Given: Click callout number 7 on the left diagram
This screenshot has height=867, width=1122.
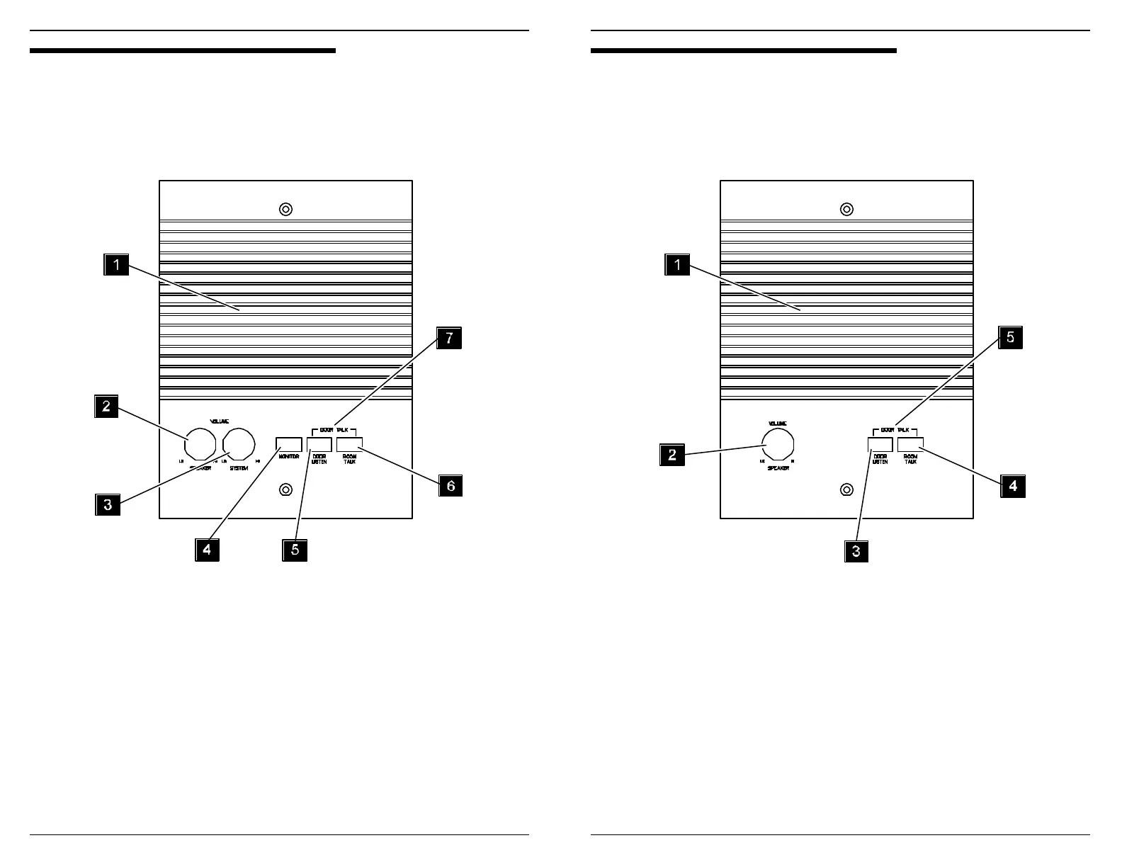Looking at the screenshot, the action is pyautogui.click(x=449, y=339).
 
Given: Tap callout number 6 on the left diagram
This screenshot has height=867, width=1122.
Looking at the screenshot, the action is pyautogui.click(x=450, y=486).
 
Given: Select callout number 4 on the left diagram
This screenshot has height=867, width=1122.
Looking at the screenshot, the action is pyautogui.click(x=208, y=550).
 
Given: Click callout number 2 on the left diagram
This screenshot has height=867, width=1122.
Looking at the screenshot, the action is pyautogui.click(x=106, y=407).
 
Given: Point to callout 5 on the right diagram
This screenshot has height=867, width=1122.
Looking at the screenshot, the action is pyautogui.click(x=1011, y=338).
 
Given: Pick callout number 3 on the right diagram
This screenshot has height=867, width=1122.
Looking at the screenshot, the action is pyautogui.click(x=856, y=551).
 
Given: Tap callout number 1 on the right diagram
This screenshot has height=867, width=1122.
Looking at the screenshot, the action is pyautogui.click(x=677, y=266).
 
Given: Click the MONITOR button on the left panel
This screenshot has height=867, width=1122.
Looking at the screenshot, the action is pyautogui.click(x=289, y=444).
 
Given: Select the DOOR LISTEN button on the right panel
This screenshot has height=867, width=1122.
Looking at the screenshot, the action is pyautogui.click(x=880, y=444).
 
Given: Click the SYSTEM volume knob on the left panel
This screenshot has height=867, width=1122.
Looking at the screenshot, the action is pyautogui.click(x=239, y=444).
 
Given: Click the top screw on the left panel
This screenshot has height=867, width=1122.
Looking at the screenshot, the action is pyautogui.click(x=285, y=210).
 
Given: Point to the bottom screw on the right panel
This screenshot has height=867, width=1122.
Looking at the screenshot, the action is pyautogui.click(x=846, y=490).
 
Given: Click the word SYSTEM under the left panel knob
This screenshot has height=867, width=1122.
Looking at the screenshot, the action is pyautogui.click(x=239, y=468).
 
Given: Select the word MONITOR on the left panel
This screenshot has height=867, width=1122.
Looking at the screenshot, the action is pyautogui.click(x=289, y=457).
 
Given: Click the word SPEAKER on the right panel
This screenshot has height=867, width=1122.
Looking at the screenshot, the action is pyautogui.click(x=778, y=468).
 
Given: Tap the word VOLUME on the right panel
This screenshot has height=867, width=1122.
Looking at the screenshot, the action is pyautogui.click(x=778, y=423).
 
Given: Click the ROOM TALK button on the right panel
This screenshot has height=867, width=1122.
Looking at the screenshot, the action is pyautogui.click(x=910, y=444).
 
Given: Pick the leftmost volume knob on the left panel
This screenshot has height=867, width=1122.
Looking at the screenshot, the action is pyautogui.click(x=200, y=444).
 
